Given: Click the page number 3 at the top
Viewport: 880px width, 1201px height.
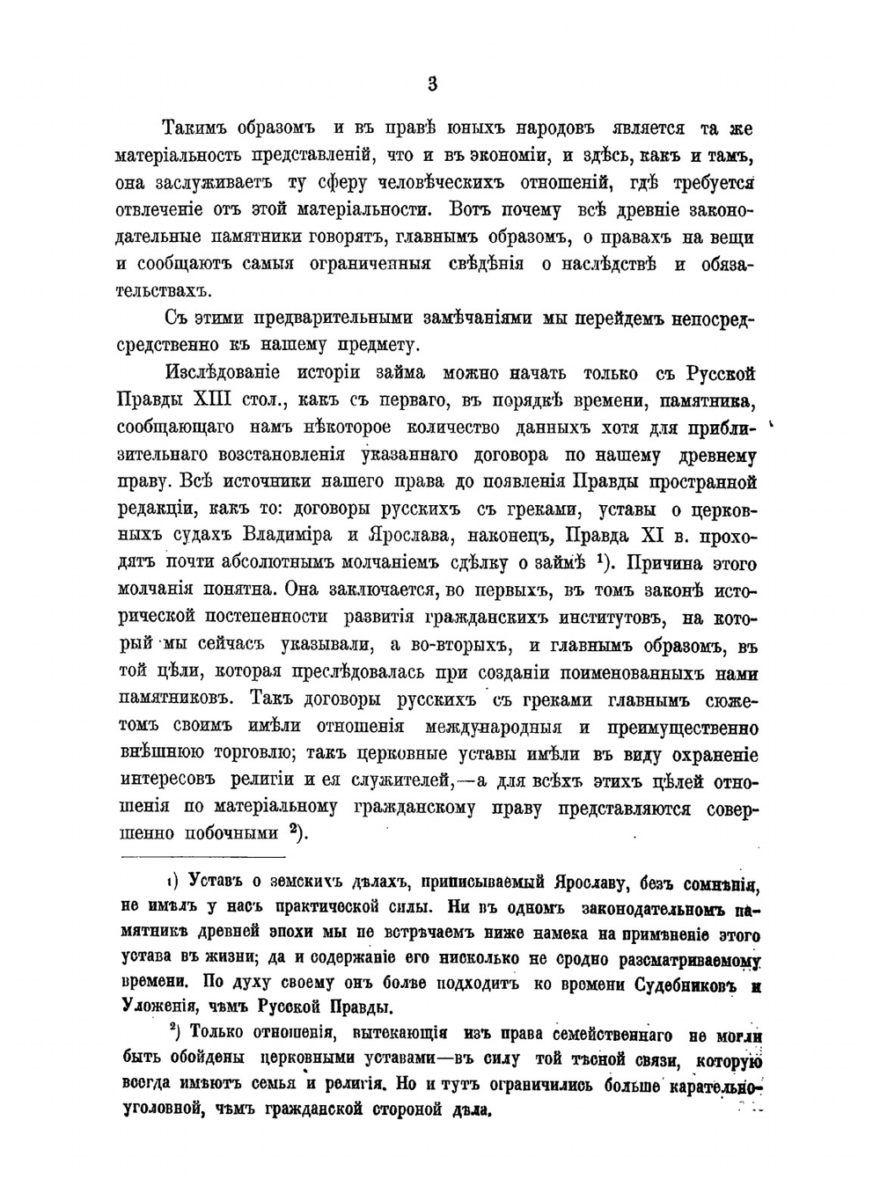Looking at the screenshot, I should pyautogui.click(x=432, y=84).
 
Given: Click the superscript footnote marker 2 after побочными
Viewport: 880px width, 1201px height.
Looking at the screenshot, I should pyautogui.click(x=296, y=831).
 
